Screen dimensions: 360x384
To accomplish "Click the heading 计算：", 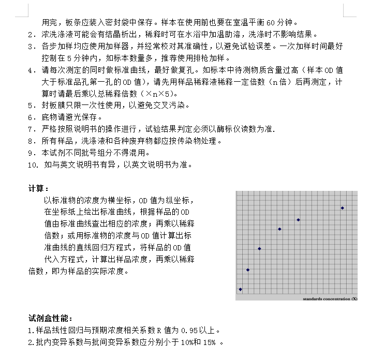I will (39, 189).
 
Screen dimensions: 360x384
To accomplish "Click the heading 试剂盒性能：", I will (50, 318).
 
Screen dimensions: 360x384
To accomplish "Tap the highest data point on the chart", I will (342, 208).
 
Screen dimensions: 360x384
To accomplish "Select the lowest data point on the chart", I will (240, 289).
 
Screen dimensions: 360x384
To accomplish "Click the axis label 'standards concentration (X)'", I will (330, 298).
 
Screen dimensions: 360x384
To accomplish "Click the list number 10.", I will (33, 166).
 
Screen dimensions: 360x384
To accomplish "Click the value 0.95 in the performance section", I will (185, 330).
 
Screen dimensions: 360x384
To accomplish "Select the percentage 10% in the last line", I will (181, 342).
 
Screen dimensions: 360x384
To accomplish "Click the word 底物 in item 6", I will (49, 117).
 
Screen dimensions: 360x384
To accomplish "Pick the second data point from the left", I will (248, 269).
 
